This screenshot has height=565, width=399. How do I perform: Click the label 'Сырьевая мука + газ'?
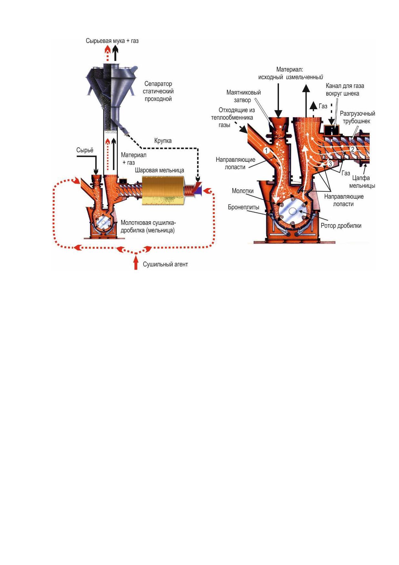(x=112, y=41)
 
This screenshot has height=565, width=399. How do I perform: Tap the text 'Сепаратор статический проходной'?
(x=158, y=91)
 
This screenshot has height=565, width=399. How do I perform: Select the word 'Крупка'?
(x=163, y=141)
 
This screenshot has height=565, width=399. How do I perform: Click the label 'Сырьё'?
(x=85, y=150)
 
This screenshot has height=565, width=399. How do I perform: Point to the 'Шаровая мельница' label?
(x=159, y=170)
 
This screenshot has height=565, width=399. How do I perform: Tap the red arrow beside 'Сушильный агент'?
(x=136, y=262)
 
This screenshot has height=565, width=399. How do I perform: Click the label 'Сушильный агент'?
(x=165, y=264)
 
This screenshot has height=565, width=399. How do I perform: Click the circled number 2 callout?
(x=353, y=149)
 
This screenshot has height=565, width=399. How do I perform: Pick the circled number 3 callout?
(x=330, y=164)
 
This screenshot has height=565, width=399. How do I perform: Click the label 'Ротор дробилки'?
(x=341, y=225)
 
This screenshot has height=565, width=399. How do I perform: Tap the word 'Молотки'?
(x=243, y=191)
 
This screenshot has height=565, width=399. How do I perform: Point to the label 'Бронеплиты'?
(x=244, y=207)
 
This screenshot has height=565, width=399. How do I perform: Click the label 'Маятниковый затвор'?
(x=243, y=96)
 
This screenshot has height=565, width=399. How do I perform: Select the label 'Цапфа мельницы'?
(x=362, y=182)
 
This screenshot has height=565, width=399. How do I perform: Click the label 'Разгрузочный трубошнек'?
(x=357, y=117)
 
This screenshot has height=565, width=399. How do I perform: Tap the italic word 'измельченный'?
(x=304, y=77)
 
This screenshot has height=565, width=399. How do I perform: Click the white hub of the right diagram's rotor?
(x=292, y=211)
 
